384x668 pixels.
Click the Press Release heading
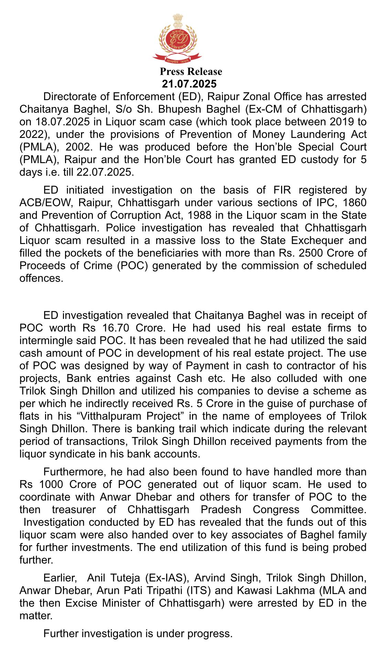(x=191, y=72)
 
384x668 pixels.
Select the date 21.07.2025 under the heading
(x=189, y=84)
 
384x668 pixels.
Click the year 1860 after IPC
(x=354, y=202)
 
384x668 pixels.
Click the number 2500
(x=312, y=253)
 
